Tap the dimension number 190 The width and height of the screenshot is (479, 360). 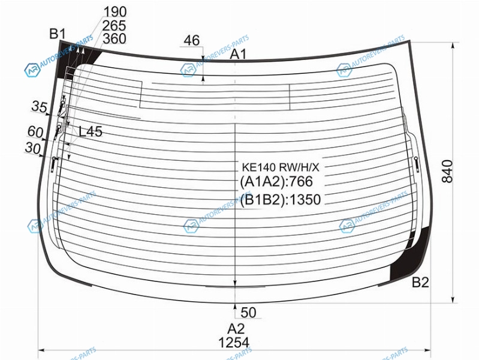click(x=115, y=12)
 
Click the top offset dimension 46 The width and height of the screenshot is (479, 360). click(x=191, y=40)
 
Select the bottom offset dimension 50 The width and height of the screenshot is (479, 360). click(x=248, y=312)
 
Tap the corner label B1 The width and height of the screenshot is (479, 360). click(x=58, y=34)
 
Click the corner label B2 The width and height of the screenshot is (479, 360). click(x=420, y=282)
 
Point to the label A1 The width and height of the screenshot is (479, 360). click(x=239, y=55)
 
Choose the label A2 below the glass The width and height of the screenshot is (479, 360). click(x=236, y=328)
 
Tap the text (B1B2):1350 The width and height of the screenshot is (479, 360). click(x=280, y=200)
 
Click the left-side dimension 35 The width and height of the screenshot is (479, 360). click(x=40, y=107)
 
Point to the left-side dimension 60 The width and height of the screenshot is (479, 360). click(x=35, y=131)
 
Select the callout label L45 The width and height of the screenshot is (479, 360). click(x=91, y=131)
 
